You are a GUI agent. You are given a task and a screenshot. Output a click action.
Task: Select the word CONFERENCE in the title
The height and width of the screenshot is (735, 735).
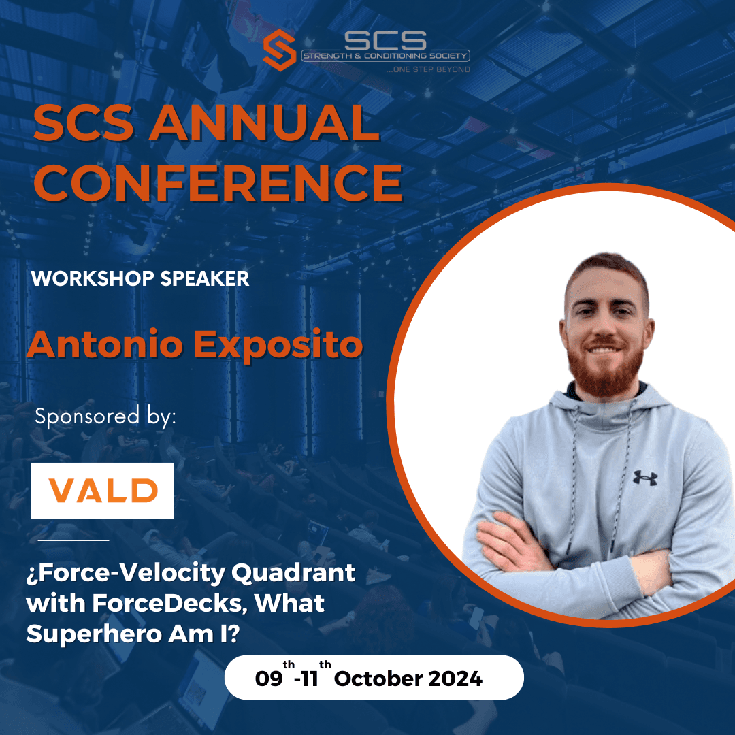pos(217,182)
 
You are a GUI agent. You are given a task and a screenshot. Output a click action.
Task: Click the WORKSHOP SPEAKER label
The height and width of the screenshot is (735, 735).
pos(140,279)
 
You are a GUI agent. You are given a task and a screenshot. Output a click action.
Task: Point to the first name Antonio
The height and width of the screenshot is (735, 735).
pos(105,345)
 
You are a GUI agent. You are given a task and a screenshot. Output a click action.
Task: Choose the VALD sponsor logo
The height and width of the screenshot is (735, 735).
pos(103,490)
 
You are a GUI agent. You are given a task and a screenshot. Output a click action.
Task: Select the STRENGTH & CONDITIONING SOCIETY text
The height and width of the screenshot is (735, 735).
pos(386,56)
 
